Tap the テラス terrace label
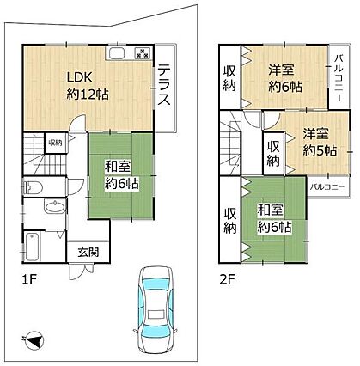164,84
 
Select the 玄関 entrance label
88,253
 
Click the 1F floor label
29,279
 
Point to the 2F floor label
228,279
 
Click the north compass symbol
34,339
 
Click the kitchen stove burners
143,52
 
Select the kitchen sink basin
116,52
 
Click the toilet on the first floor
33,187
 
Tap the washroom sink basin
55,206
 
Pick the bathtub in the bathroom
32,247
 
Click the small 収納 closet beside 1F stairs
55,143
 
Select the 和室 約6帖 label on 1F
121,175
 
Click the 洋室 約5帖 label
320,143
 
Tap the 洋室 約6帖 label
285,78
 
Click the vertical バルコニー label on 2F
339,78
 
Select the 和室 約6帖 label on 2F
274,218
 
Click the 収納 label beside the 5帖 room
273,154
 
